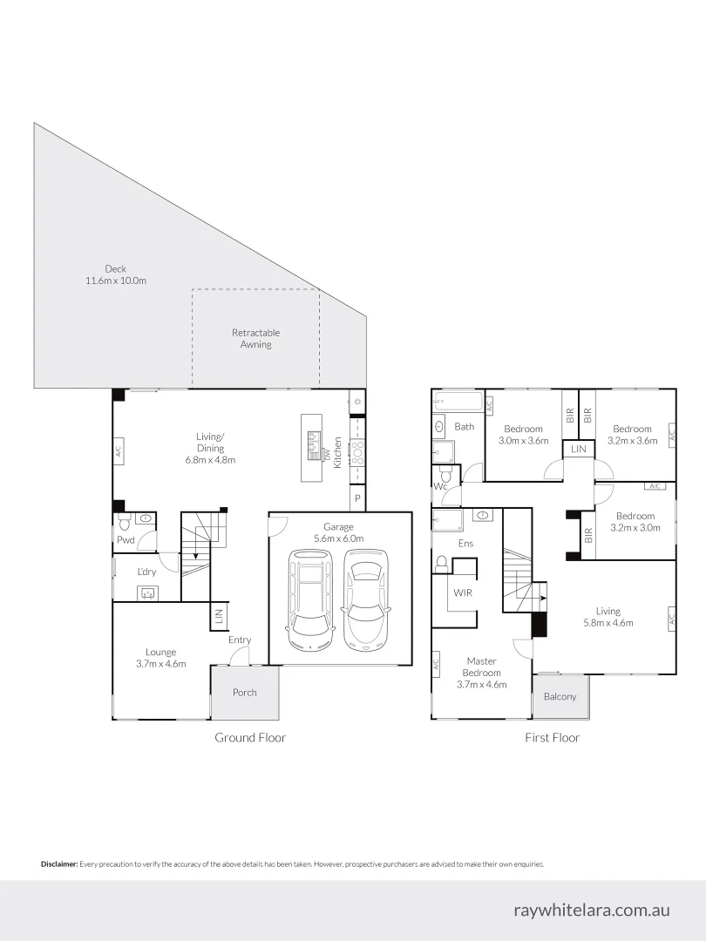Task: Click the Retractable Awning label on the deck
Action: pyautogui.click(x=255, y=338)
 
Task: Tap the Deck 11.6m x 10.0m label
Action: pyautogui.click(x=115, y=274)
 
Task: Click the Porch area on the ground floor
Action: pyautogui.click(x=244, y=693)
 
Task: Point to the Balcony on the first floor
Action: pyautogui.click(x=560, y=696)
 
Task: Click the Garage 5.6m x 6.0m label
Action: pyautogui.click(x=338, y=532)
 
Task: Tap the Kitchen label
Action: pyautogui.click(x=338, y=453)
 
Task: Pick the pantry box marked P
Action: pyautogui.click(x=356, y=498)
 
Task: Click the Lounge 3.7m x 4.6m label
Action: pyautogui.click(x=160, y=657)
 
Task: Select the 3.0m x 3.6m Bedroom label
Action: pyautogui.click(x=523, y=434)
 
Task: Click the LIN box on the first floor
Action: pyautogui.click(x=578, y=449)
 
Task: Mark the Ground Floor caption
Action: pyautogui.click(x=250, y=737)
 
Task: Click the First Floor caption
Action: pyautogui.click(x=552, y=737)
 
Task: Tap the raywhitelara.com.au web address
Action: pyautogui.click(x=592, y=910)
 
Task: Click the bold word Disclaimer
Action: pyautogui.click(x=59, y=864)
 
